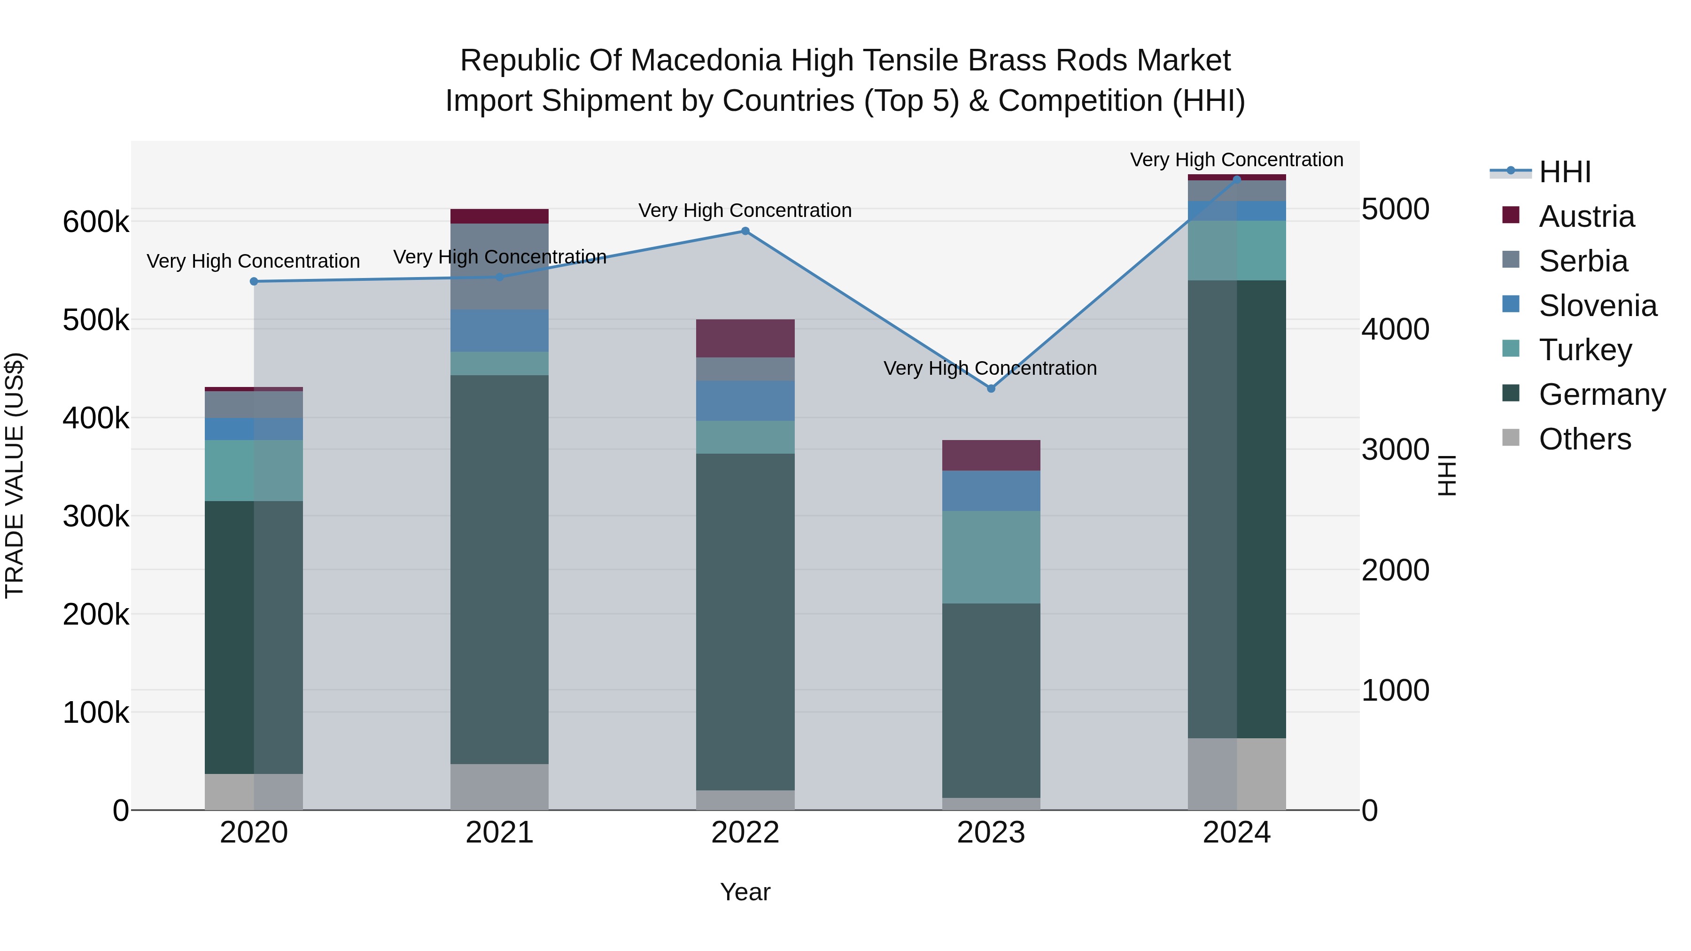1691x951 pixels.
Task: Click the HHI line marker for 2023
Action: click(991, 388)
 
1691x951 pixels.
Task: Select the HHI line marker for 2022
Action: click(745, 231)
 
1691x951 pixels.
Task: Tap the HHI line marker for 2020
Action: click(254, 282)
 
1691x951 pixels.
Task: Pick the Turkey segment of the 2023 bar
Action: click(991, 557)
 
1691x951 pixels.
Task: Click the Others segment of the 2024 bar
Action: click(1237, 774)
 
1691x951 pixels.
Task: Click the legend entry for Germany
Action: click(1602, 394)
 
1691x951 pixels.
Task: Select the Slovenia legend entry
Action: click(1597, 306)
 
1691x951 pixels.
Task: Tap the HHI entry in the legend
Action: click(1564, 172)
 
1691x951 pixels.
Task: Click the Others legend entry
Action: click(1584, 439)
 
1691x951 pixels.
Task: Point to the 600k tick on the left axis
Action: click(96, 222)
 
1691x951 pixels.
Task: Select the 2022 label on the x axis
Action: click(745, 833)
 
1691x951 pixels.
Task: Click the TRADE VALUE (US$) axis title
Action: click(15, 475)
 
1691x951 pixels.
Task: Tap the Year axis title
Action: click(745, 892)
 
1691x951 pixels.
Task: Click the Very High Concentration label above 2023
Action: click(990, 368)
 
